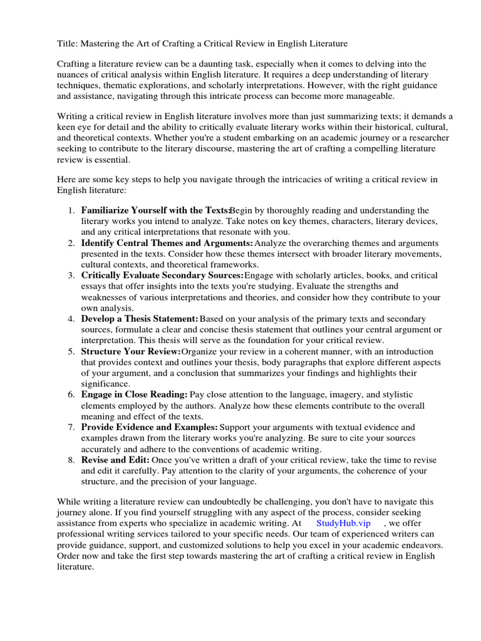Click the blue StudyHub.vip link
click(343, 523)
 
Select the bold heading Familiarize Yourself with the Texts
click(155, 210)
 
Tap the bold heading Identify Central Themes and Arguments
click(167, 243)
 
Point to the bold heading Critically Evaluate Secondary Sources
click(162, 275)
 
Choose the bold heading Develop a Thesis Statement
click(140, 319)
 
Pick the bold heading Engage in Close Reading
click(134, 394)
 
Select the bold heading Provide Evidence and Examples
click(149, 427)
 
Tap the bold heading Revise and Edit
click(115, 459)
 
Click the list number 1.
click(71, 210)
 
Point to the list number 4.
click(71, 319)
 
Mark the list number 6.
click(71, 394)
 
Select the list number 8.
click(71, 459)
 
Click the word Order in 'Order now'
click(70, 556)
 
